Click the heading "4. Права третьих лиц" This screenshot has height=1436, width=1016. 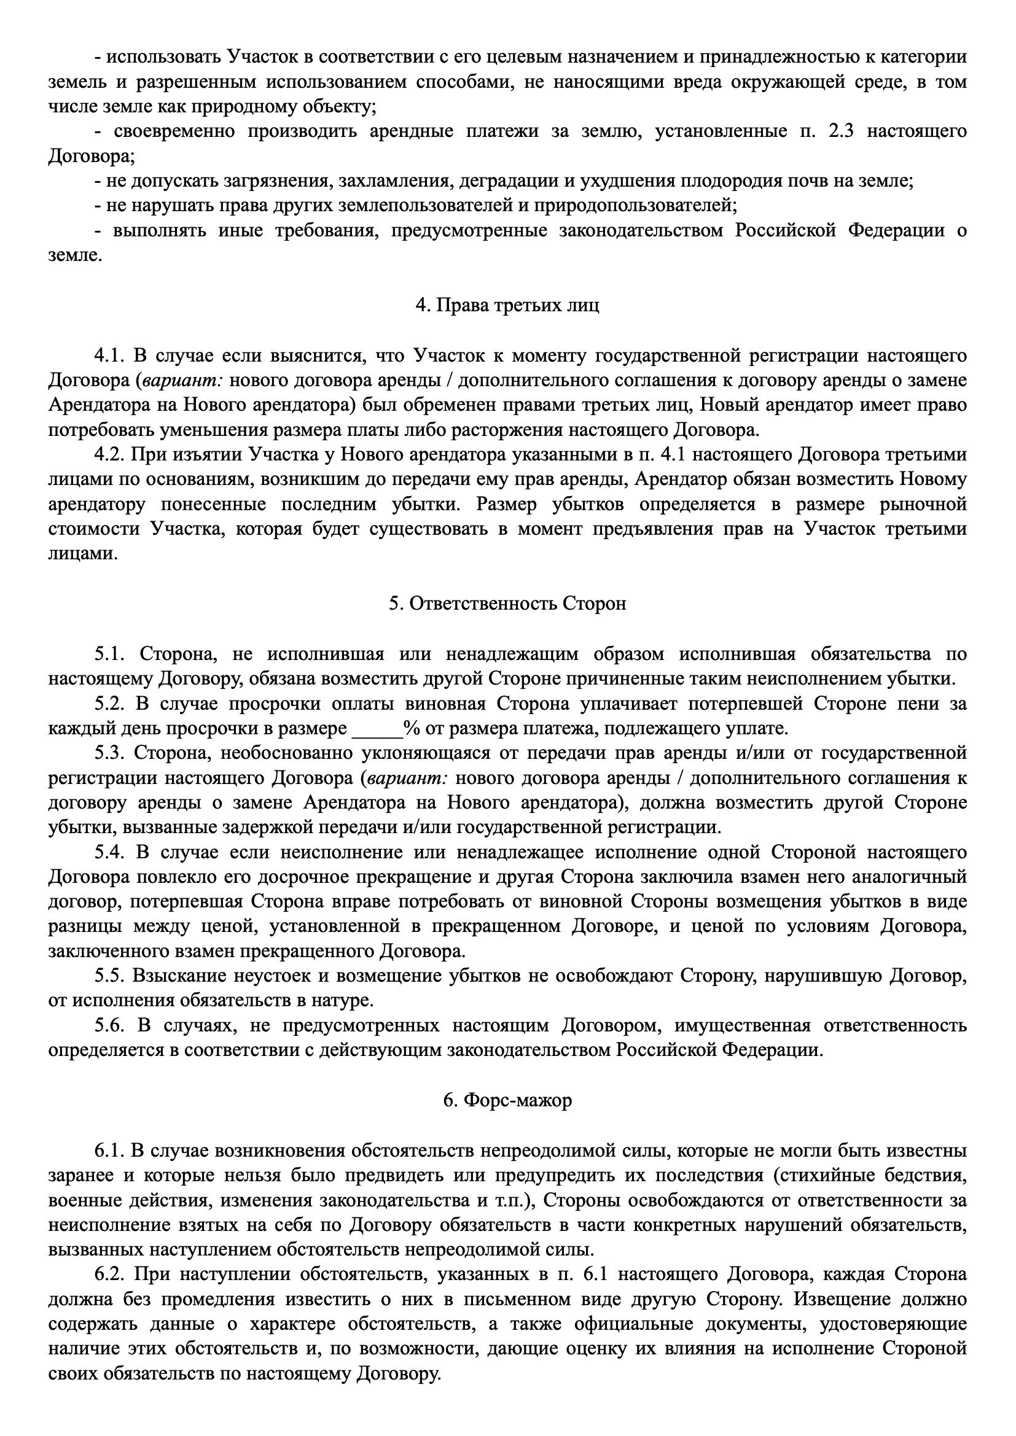(507, 305)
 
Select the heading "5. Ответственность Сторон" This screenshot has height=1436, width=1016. (507, 604)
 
